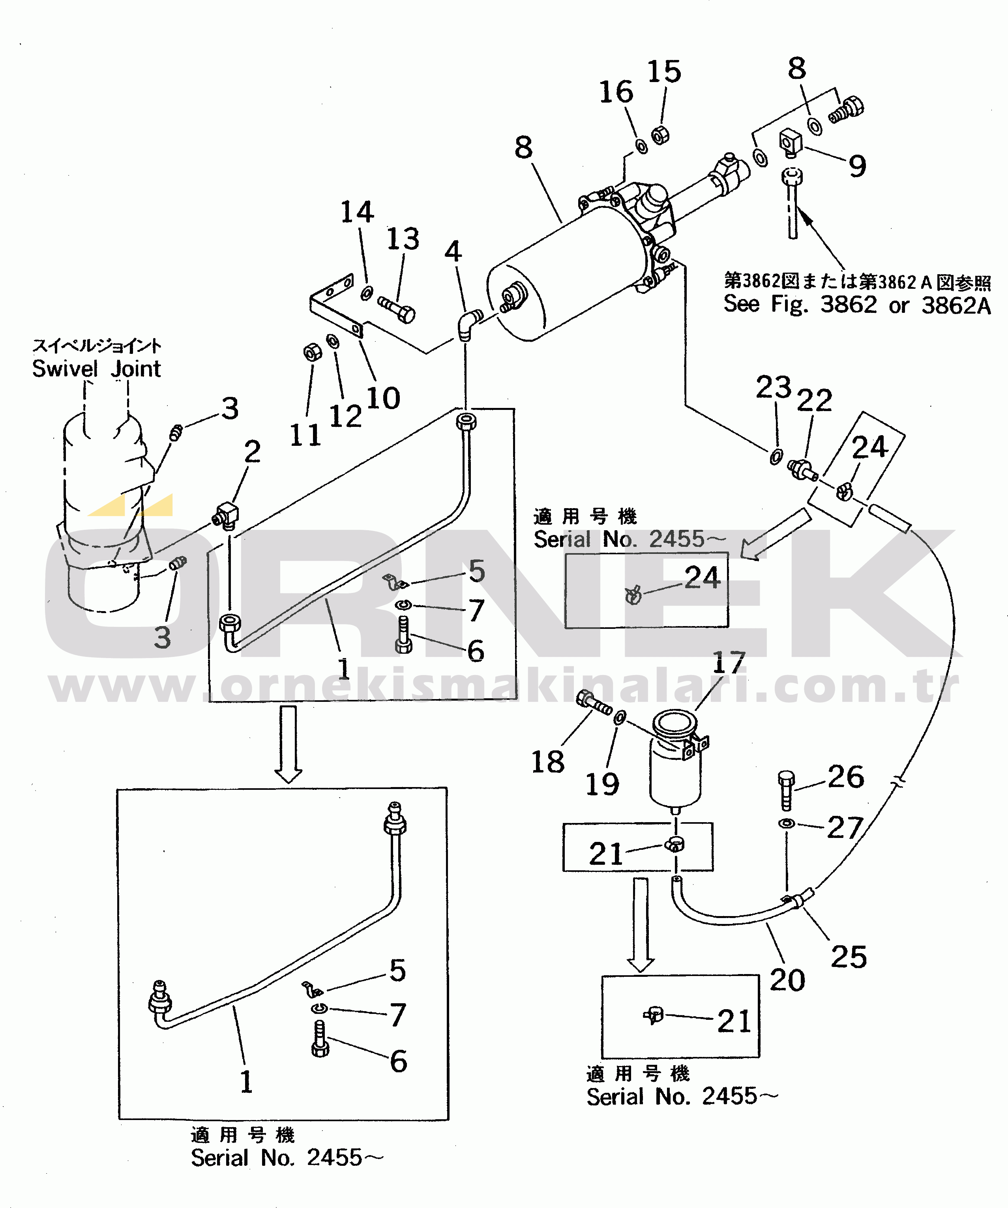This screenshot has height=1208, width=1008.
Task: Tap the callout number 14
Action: coord(357,212)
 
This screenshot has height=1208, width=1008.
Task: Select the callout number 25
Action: coord(849,957)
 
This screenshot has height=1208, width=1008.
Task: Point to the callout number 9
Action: coord(857,166)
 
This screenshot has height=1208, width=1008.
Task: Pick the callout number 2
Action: coord(252,452)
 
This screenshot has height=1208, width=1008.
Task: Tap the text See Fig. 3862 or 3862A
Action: coord(857,304)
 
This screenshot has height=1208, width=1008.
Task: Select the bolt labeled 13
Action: coord(396,309)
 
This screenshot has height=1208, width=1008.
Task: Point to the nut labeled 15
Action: coord(660,135)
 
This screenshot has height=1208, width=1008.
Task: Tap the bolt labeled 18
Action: coord(594,702)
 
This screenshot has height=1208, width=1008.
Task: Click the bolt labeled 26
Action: coord(786,790)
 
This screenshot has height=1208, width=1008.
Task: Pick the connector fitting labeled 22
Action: coord(803,469)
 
